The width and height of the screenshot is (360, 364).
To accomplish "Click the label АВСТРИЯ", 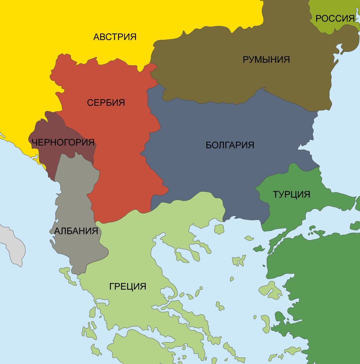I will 115,37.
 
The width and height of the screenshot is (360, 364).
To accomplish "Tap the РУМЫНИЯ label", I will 266,59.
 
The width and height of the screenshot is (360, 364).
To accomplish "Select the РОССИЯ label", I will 335,18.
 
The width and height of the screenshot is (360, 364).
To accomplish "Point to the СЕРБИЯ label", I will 106,103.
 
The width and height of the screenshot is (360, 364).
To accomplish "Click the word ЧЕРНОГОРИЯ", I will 63,142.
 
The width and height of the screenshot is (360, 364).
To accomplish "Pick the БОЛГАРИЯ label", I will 230,145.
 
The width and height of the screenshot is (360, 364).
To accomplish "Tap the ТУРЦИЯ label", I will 291,194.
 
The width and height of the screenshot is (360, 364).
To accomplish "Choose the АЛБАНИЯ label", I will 76,231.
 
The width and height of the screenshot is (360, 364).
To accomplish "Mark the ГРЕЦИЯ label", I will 128,286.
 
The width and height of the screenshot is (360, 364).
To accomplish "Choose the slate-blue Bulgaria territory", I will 221,173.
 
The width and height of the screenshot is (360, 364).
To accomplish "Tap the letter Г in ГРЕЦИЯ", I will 112,286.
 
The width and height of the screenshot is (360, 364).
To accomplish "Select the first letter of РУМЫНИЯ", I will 245,59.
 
